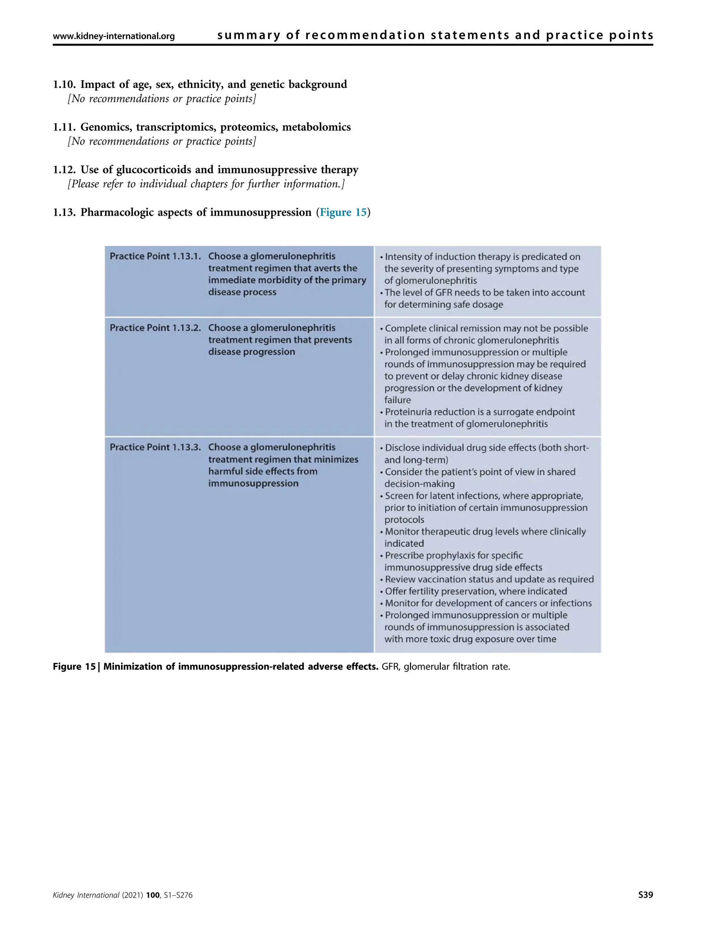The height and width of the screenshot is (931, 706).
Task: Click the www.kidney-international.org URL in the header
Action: [x=114, y=36]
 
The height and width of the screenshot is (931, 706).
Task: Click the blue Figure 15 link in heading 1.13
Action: [x=343, y=212]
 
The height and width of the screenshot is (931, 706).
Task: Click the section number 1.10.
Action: [x=64, y=84]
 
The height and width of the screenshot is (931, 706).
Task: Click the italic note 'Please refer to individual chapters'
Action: [x=206, y=184]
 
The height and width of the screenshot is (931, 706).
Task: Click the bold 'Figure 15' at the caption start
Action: [x=74, y=667]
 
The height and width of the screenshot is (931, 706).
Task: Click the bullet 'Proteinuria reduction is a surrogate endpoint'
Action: [x=480, y=412]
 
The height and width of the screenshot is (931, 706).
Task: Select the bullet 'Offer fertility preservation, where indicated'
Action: [x=475, y=591]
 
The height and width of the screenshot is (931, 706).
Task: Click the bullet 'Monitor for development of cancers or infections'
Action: [x=488, y=603]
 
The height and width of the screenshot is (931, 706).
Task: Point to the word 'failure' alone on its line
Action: [x=397, y=400]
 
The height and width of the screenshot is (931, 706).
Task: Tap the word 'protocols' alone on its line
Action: [x=404, y=520]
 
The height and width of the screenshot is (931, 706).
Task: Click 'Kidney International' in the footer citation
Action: [x=86, y=907]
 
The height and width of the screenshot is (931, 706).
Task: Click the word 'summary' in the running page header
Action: [x=249, y=36]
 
